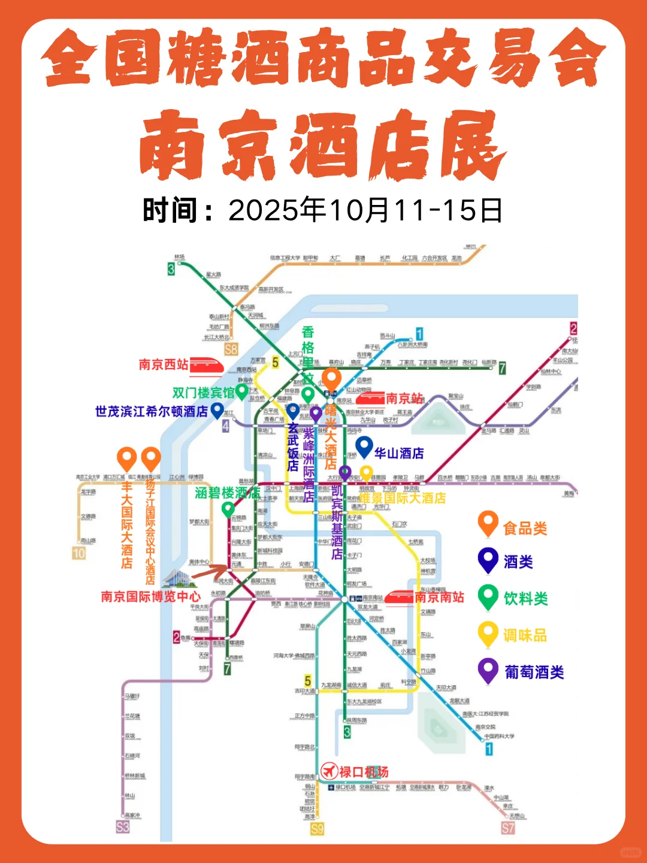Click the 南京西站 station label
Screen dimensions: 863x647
click(164, 364)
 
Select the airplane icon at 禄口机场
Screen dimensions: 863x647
click(329, 771)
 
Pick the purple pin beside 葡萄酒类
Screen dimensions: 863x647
click(488, 669)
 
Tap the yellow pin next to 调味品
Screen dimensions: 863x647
click(488, 633)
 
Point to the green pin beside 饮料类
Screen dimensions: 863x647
click(488, 596)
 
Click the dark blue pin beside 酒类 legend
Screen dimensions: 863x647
click(488, 560)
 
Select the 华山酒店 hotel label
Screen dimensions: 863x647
click(399, 453)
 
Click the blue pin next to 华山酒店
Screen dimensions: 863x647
click(364, 446)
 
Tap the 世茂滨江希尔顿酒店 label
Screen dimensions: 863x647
click(151, 412)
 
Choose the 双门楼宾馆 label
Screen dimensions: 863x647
click(203, 393)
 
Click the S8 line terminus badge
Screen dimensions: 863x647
click(231, 349)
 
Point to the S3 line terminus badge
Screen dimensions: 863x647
click(123, 827)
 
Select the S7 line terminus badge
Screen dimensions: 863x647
click(508, 828)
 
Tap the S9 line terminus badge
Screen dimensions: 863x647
click(317, 829)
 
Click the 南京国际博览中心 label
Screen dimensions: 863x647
click(150, 597)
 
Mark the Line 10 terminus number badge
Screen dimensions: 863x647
click(79, 553)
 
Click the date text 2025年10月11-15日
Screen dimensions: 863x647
click(365, 210)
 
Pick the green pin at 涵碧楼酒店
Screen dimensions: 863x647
click(228, 509)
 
